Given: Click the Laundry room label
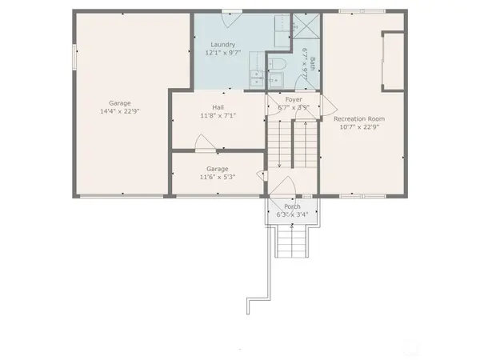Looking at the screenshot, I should (x=223, y=44).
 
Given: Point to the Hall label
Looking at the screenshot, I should (x=218, y=107).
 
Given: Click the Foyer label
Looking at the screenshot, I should (x=294, y=99).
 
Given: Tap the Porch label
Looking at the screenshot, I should (x=292, y=206).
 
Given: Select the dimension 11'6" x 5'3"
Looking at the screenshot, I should (x=218, y=178).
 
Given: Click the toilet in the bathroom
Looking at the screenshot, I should (x=278, y=63).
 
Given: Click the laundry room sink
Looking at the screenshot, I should (x=258, y=78).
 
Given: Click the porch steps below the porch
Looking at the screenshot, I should (x=291, y=240).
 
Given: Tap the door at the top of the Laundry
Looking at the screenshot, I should (x=232, y=12).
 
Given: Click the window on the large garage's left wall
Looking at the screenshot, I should (x=74, y=57).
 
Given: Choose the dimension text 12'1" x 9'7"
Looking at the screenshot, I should (x=223, y=53).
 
